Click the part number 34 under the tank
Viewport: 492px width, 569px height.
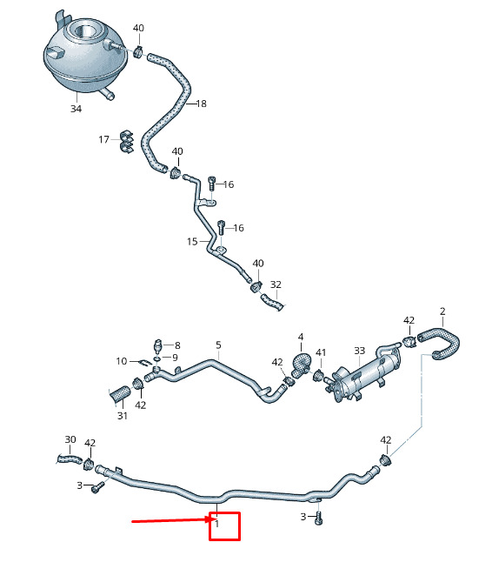point(76,109)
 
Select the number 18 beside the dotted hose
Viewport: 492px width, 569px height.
point(201,104)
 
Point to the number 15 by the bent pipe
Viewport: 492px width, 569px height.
point(192,241)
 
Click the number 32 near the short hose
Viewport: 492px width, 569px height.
point(276,284)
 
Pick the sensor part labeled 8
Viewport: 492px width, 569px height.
point(158,345)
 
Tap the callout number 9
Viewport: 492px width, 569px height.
point(175,358)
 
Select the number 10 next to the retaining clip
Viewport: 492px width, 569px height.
point(122,361)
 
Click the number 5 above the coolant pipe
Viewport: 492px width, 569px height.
point(218,345)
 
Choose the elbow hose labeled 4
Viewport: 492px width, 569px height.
point(300,365)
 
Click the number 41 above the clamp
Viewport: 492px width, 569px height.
point(321,352)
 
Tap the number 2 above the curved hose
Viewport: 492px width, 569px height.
point(442,311)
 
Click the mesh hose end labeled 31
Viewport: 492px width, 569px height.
point(119,394)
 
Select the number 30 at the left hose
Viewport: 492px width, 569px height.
point(70,439)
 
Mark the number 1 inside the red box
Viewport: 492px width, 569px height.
point(216,524)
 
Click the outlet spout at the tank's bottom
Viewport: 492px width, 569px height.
point(107,94)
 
